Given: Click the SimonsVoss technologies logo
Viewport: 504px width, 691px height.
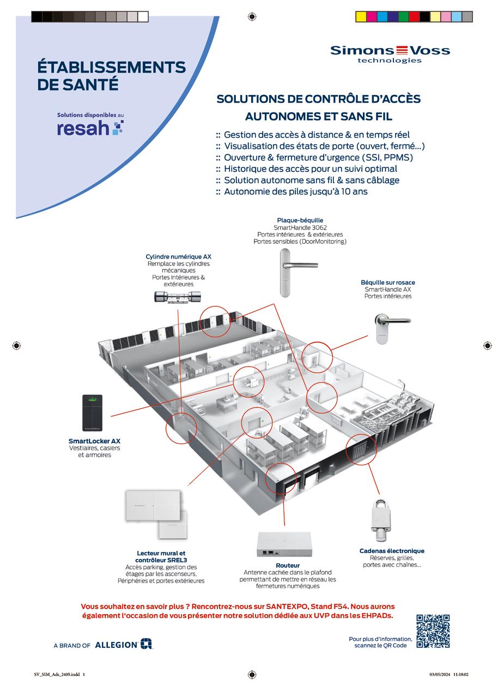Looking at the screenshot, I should pyautogui.click(x=390, y=53).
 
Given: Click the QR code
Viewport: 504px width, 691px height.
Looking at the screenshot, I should pyautogui.click(x=433, y=631).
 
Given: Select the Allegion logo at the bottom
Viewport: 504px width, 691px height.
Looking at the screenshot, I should pyautogui.click(x=124, y=644).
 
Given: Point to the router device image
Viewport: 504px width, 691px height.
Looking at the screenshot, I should pyautogui.click(x=284, y=544).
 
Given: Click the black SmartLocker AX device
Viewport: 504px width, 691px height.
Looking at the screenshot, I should pyautogui.click(x=92, y=413).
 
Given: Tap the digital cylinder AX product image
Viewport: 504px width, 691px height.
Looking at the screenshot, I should pyautogui.click(x=178, y=297).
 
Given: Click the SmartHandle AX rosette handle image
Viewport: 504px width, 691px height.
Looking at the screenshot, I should pyautogui.click(x=389, y=328).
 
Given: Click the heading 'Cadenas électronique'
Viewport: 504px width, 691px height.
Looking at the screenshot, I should pyautogui.click(x=391, y=551).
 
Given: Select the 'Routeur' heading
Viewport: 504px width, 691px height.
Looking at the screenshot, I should pyautogui.click(x=287, y=566).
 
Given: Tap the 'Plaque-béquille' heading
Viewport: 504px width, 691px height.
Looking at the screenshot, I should pyautogui.click(x=300, y=220).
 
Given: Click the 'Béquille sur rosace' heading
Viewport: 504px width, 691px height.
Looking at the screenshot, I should pyautogui.click(x=387, y=283).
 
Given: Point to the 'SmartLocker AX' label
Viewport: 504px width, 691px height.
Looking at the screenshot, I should pyautogui.click(x=94, y=441).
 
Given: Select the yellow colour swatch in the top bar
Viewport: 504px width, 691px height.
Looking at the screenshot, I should pyautogui.click(x=361, y=16).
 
